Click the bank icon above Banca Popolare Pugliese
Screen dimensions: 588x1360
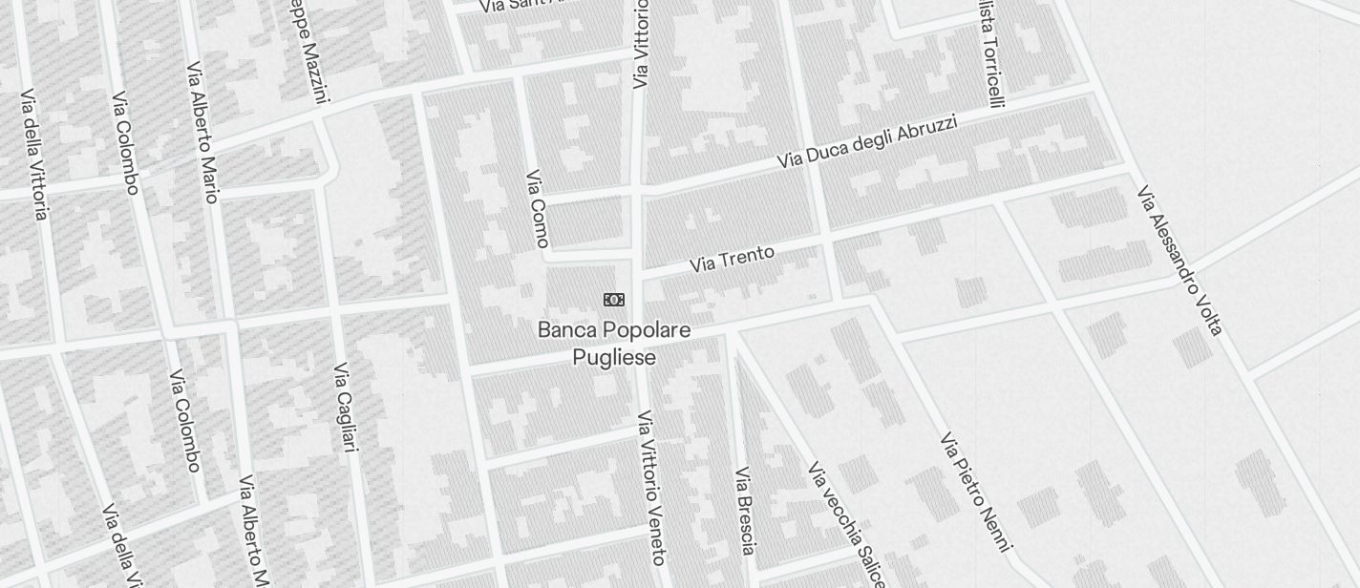(x=614, y=300)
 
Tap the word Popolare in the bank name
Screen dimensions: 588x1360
(x=645, y=330)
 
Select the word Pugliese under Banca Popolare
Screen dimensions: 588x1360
(x=614, y=358)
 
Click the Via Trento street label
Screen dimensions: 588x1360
(x=732, y=259)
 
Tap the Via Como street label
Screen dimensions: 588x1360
(x=537, y=208)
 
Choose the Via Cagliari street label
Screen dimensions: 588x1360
(x=346, y=407)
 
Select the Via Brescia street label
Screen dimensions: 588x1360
(x=746, y=510)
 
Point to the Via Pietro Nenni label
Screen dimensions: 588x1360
(x=975, y=491)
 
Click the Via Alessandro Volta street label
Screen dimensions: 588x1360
(x=1179, y=260)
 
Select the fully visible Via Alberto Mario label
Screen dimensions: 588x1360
(x=203, y=133)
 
